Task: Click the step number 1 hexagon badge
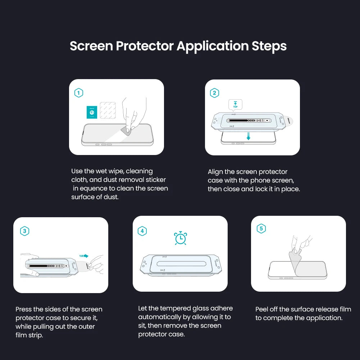tap(78, 93)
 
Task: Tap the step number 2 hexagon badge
tap(214, 93)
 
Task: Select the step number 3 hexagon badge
tap(24, 231)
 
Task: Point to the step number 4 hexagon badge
tap(142, 231)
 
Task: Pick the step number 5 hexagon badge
tap(261, 229)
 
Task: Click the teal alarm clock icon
tap(180, 238)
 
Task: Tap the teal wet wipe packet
tap(92, 112)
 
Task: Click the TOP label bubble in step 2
tap(235, 105)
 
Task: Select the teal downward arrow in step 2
tap(248, 136)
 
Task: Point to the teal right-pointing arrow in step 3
tap(84, 256)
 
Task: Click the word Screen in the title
tap(91, 46)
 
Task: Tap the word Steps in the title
tap(269, 46)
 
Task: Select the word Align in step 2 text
tap(215, 172)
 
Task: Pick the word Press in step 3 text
tap(23, 309)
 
